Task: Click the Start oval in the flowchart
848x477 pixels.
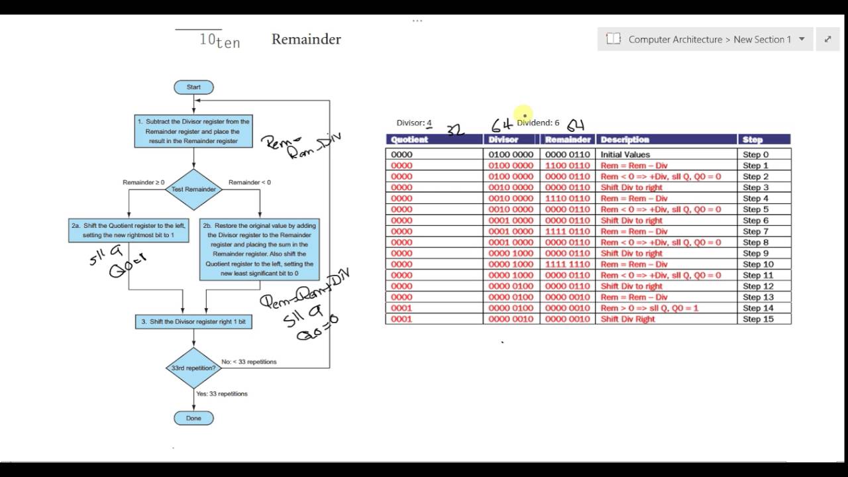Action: point(193,87)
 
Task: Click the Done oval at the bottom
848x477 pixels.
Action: point(193,418)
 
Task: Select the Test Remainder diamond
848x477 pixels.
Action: point(193,189)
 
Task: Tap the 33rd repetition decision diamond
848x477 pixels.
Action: point(193,368)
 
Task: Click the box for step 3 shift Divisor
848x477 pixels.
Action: point(193,321)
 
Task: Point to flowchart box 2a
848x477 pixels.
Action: point(128,230)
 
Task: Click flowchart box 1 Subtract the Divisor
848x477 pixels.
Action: point(193,131)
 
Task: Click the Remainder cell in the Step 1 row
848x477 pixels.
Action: point(567,166)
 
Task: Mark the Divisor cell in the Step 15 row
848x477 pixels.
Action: point(511,319)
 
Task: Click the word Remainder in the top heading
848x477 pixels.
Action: point(306,39)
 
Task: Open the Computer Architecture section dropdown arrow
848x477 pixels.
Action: point(802,39)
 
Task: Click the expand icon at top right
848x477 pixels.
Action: point(827,39)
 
